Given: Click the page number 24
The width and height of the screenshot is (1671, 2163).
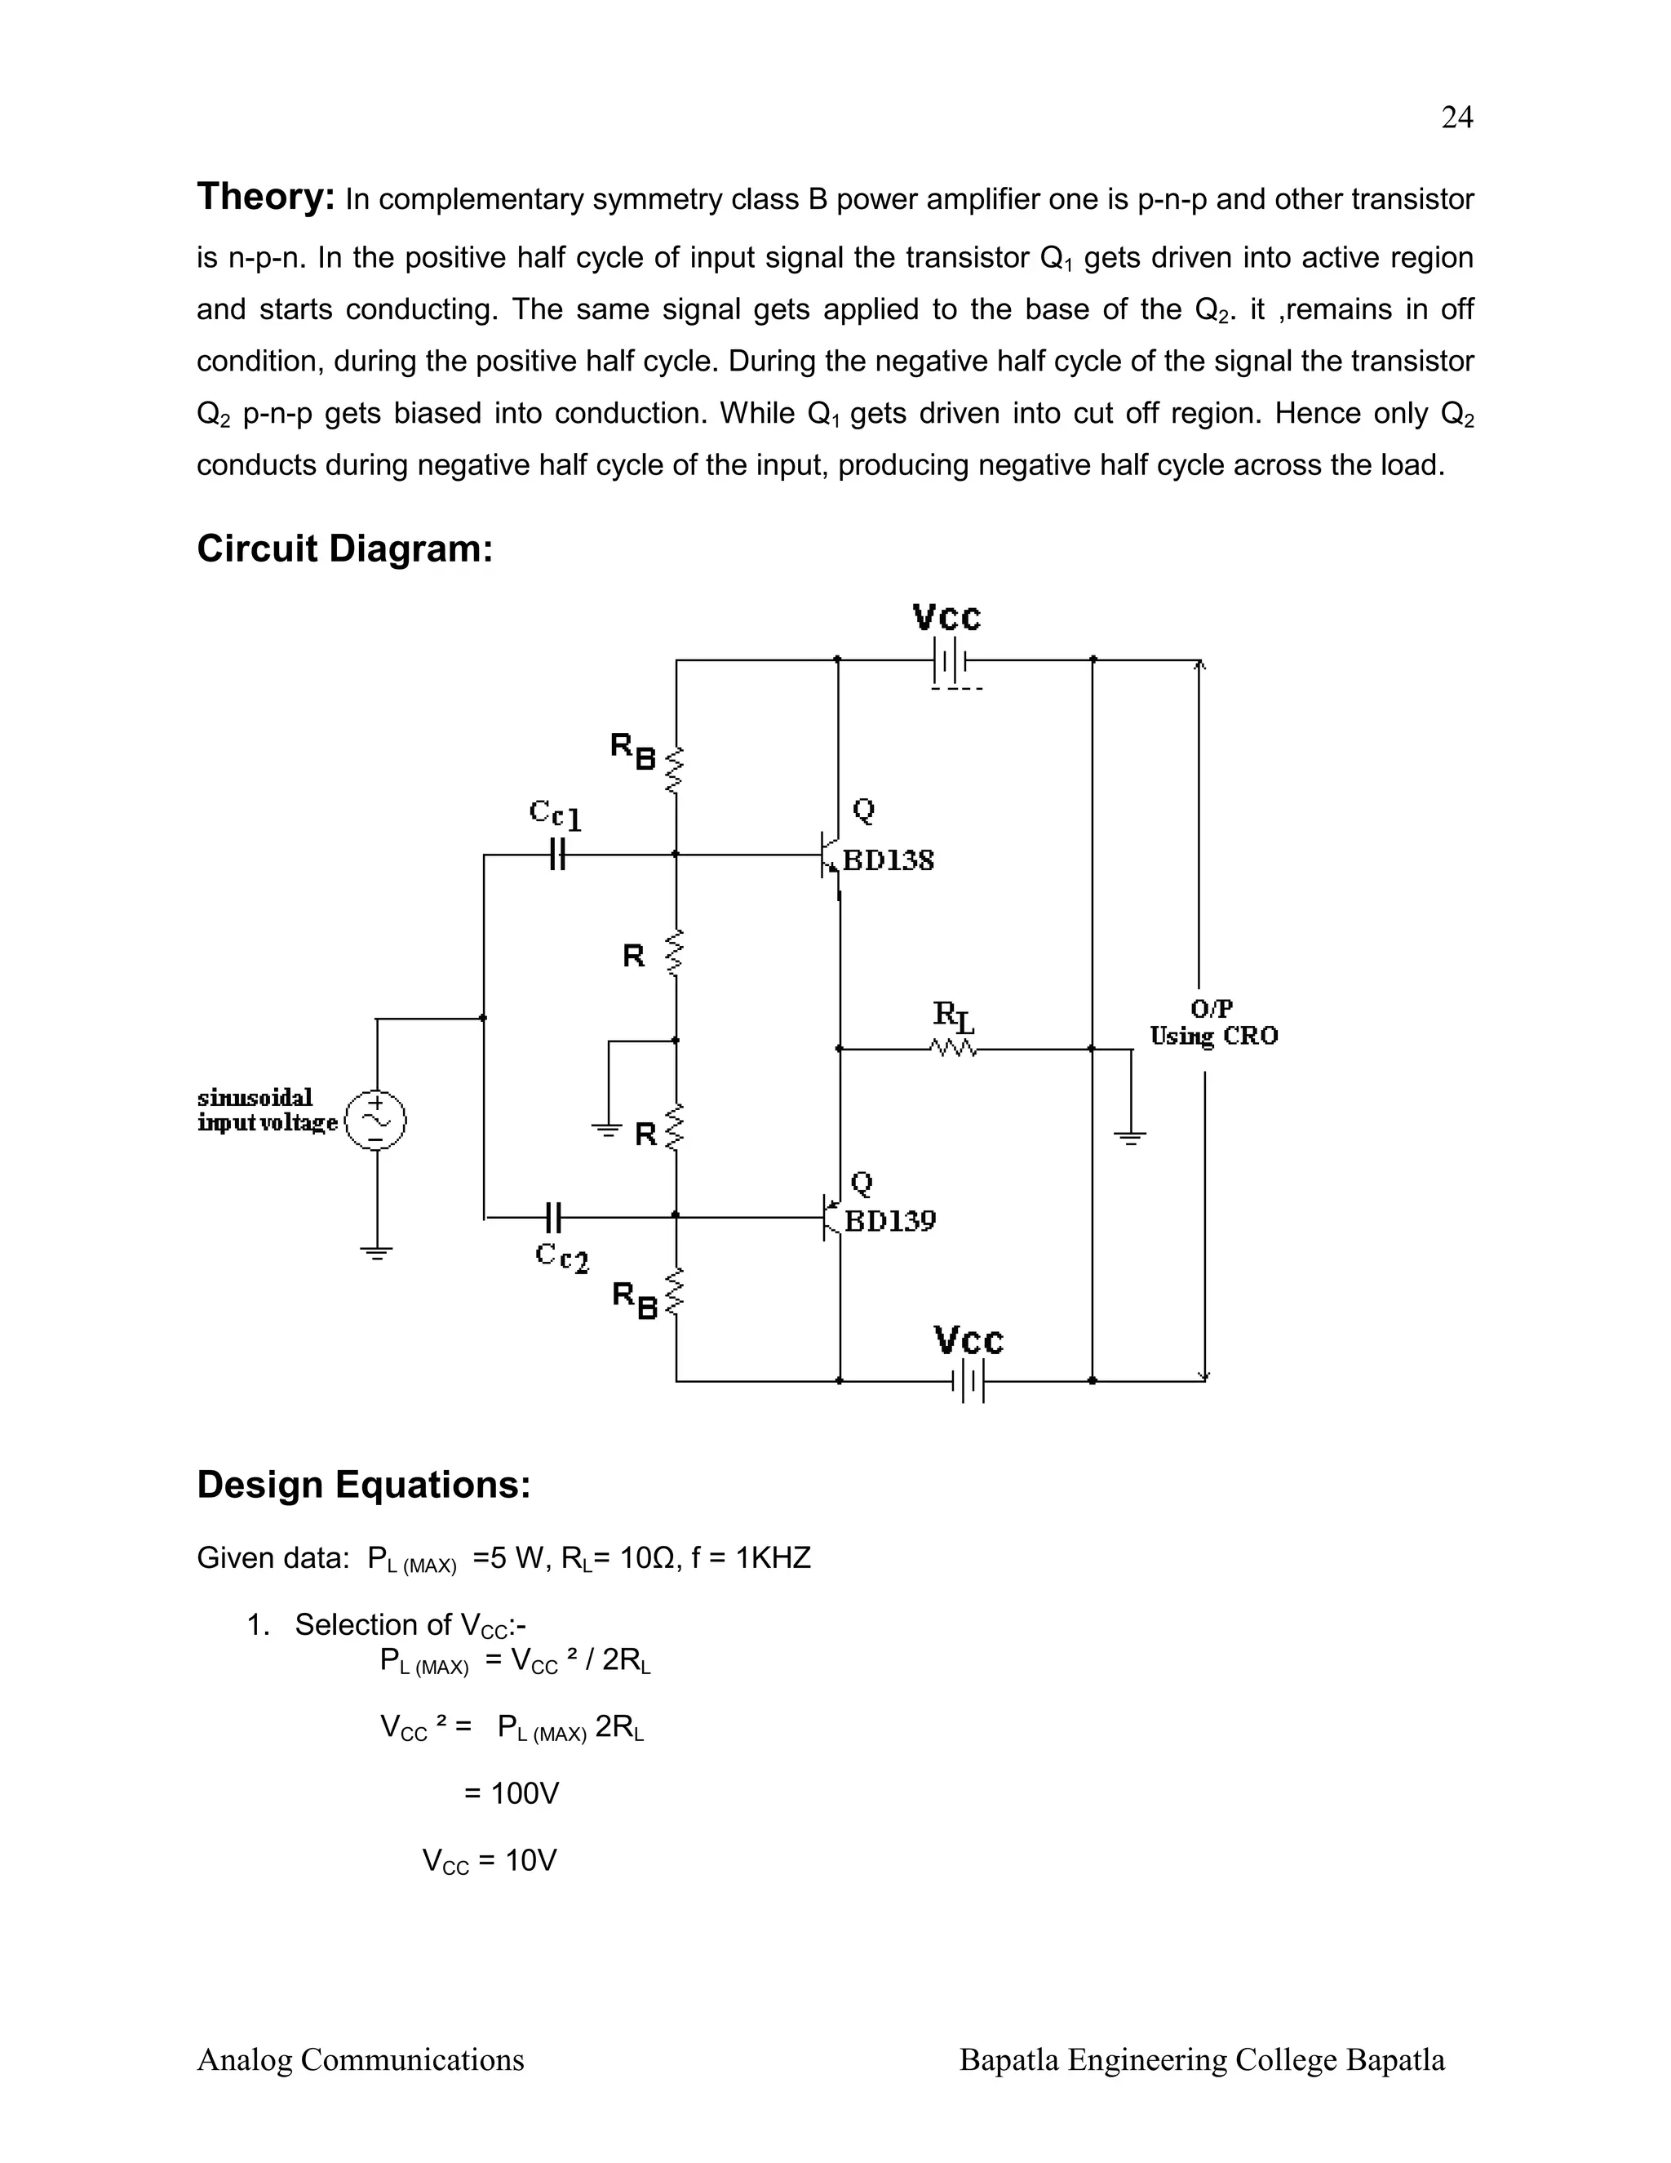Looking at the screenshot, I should (1456, 118).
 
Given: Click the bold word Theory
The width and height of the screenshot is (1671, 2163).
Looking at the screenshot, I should (265, 197).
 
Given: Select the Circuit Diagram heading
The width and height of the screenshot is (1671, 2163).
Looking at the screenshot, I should (344, 549).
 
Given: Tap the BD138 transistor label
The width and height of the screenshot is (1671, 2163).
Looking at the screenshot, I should (888, 860).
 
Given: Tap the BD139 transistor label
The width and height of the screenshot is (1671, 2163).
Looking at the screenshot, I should (889, 1221).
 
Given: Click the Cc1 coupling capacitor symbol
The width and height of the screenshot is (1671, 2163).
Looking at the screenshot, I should (557, 854).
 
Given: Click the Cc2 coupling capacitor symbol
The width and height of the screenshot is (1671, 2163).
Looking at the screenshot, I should (554, 1216).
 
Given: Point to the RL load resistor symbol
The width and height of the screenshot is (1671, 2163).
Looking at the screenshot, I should (953, 1048).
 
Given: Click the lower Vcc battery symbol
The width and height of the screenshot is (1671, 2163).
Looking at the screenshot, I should (969, 1380).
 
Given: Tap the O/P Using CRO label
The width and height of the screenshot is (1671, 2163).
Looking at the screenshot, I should (1212, 1023).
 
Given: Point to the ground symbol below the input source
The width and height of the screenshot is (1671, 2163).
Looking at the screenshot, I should (376, 1254).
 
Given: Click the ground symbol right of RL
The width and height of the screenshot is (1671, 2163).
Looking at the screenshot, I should (1129, 1137).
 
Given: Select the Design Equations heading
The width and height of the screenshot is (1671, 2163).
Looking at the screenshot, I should (363, 1485).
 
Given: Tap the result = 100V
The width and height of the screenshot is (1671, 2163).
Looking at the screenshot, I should (512, 1793).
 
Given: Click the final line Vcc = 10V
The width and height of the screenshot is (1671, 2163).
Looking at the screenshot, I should (489, 1861).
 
